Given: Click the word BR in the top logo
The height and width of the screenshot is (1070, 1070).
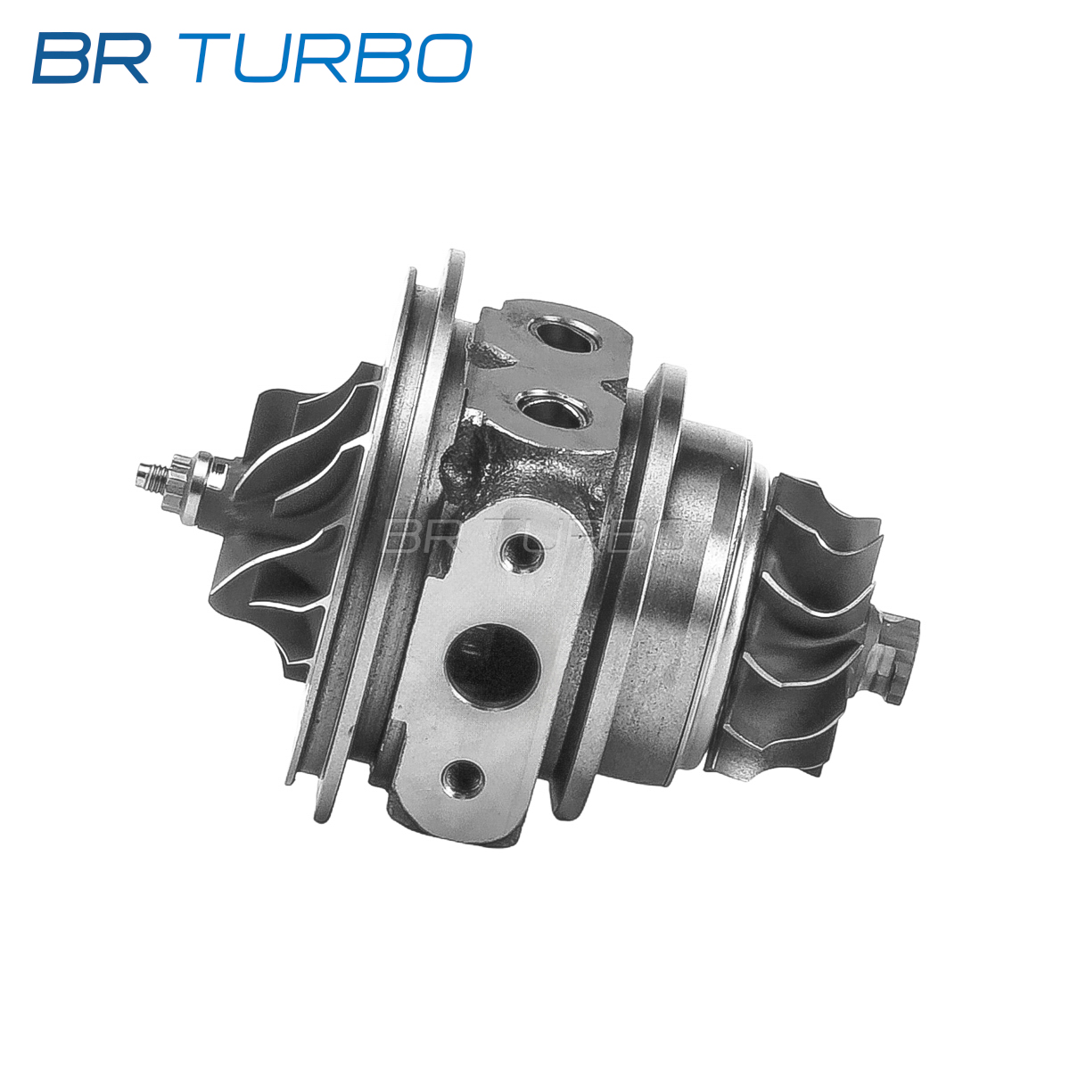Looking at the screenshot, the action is pos(91,58).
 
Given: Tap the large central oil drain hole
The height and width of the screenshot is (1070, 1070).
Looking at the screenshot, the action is pos(492,666).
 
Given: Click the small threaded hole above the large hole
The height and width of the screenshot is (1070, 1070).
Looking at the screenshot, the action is pos(522,551).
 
